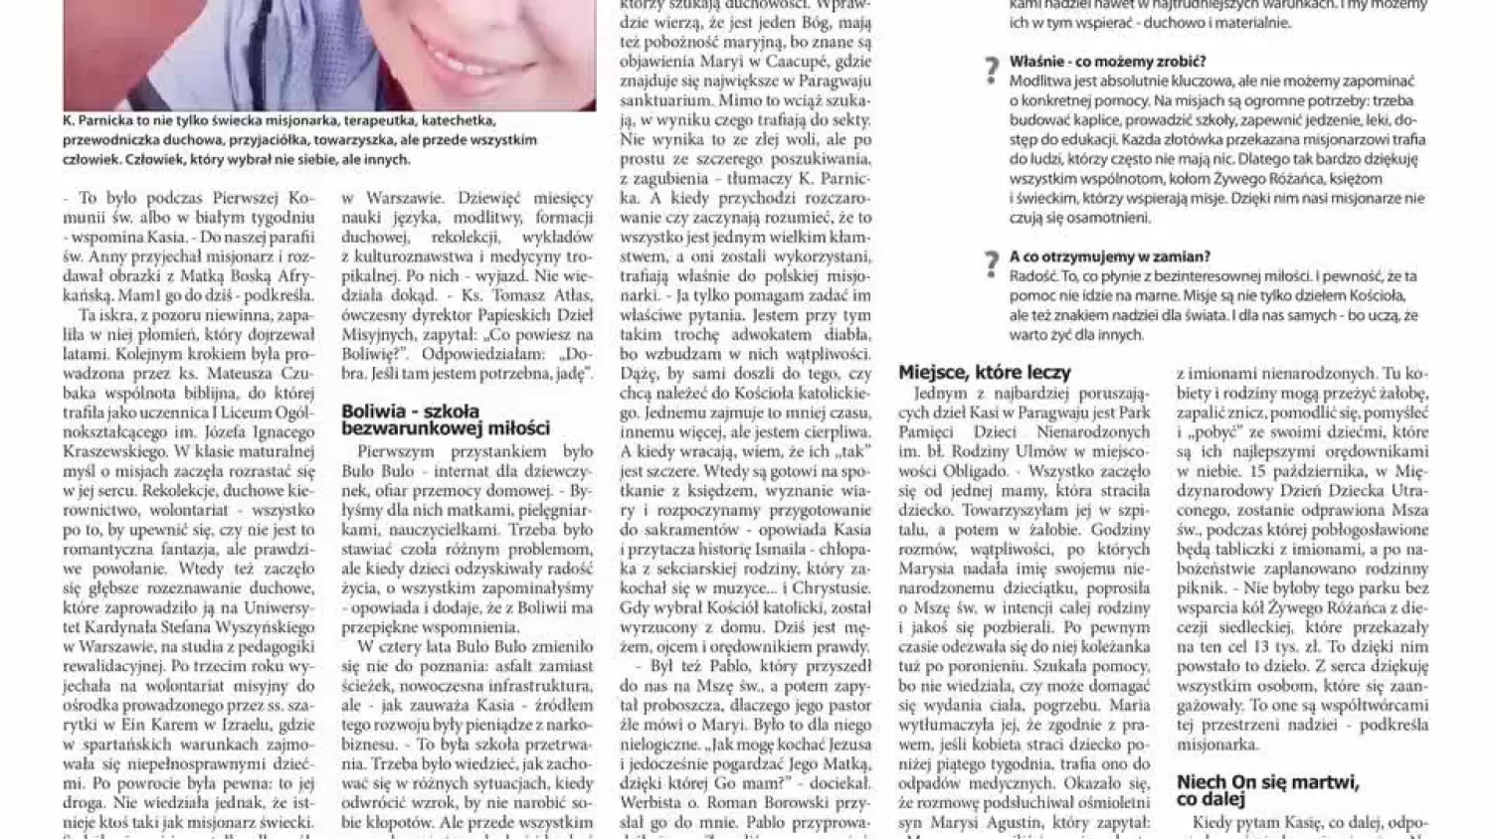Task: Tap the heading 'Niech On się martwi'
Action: click(x=1268, y=790)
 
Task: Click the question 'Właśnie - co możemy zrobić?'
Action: click(x=1107, y=62)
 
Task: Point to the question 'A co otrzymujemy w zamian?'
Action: click(x=1109, y=256)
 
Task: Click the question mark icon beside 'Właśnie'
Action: click(x=991, y=71)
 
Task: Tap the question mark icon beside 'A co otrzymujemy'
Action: click(x=991, y=264)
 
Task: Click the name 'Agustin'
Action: click(x=1019, y=823)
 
